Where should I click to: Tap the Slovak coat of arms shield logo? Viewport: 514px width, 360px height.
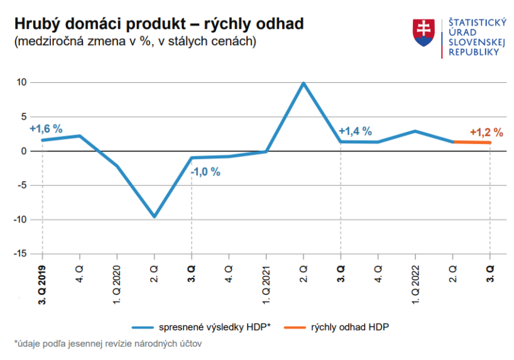tap(424, 32)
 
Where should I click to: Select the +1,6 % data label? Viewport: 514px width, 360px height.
tap(46, 128)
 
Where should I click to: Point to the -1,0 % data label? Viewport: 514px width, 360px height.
tap(205, 172)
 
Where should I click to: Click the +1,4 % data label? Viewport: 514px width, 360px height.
tap(355, 131)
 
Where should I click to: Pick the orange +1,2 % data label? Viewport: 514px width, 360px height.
tap(486, 133)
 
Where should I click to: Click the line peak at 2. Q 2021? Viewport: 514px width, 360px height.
tap(303, 83)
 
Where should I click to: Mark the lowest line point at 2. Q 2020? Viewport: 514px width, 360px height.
tap(155, 216)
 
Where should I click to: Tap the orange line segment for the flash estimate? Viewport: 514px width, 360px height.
tap(471, 143)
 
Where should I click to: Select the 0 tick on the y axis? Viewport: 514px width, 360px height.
tap(24, 151)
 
